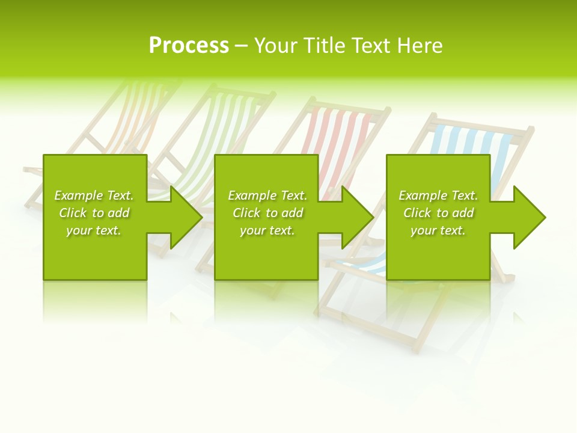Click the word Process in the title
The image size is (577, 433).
pos(189,46)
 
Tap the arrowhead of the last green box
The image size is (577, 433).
pos(528,217)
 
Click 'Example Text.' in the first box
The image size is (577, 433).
pos(94,195)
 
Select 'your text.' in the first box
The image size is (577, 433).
pos(94,230)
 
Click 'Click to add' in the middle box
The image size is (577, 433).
pos(267,213)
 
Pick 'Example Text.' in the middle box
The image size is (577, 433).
pos(267,195)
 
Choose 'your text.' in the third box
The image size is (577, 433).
pos(438,230)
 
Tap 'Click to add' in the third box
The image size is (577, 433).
pos(438,213)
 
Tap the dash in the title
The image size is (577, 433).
pos(241,46)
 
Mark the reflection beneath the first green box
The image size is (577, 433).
pos(95,301)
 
